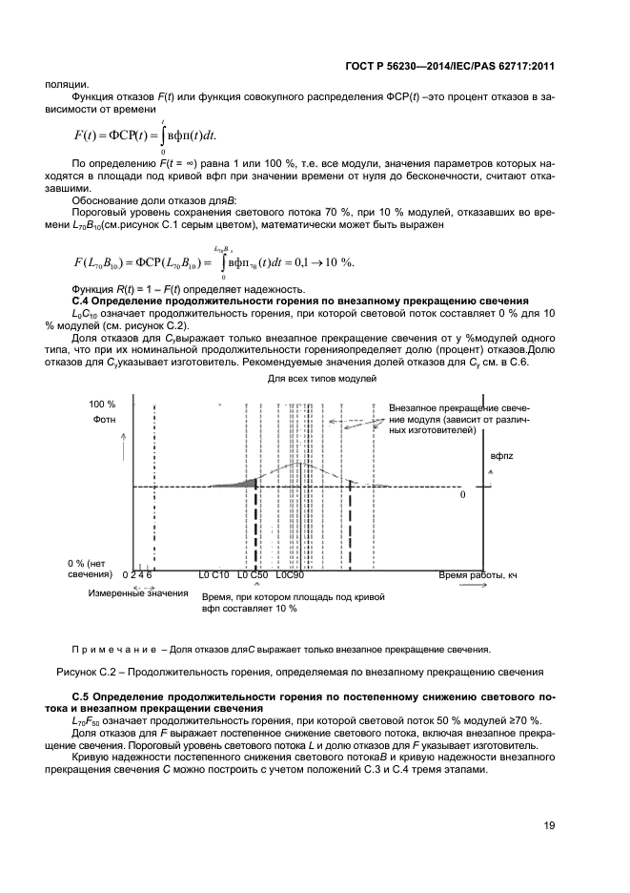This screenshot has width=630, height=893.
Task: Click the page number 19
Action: (x=550, y=826)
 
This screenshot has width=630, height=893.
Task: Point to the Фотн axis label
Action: (x=105, y=420)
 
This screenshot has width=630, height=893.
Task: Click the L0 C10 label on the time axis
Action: (x=213, y=576)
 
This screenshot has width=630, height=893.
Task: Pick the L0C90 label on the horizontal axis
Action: (x=290, y=576)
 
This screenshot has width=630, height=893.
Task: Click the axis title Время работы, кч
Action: (x=478, y=576)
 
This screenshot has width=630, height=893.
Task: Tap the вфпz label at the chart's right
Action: (x=502, y=457)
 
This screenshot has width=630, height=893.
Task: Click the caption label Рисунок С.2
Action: (x=85, y=672)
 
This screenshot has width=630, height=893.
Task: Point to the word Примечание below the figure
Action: (x=112, y=650)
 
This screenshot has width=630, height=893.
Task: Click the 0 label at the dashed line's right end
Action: (x=462, y=495)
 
